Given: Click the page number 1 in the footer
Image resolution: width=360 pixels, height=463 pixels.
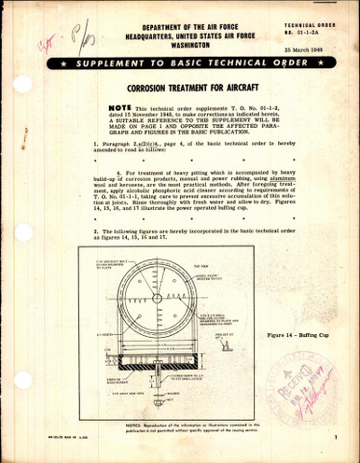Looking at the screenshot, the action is [334, 449].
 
